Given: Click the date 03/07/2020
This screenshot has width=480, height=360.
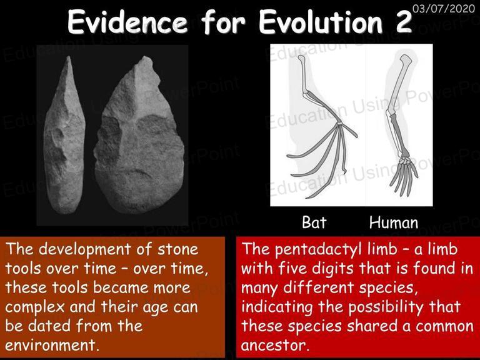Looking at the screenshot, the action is (x=444, y=8).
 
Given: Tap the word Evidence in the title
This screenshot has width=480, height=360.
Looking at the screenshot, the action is (x=127, y=22).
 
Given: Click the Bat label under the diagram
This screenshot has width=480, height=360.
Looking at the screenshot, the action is (x=314, y=222).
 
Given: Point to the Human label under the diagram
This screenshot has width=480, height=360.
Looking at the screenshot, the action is (x=394, y=222).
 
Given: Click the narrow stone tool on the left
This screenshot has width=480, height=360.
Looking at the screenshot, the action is (x=64, y=135).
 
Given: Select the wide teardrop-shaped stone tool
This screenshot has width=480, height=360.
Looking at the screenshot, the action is (x=139, y=135).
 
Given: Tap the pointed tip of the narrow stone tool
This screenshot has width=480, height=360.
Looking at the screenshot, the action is (x=69, y=57).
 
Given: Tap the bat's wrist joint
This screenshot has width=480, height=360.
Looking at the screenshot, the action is (x=339, y=124).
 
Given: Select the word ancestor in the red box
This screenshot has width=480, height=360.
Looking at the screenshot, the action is (x=273, y=345).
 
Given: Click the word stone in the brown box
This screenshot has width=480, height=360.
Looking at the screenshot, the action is (x=178, y=249).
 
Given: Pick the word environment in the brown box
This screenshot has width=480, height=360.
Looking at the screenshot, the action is (x=50, y=345).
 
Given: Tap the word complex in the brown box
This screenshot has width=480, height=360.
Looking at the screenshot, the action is (x=35, y=307).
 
